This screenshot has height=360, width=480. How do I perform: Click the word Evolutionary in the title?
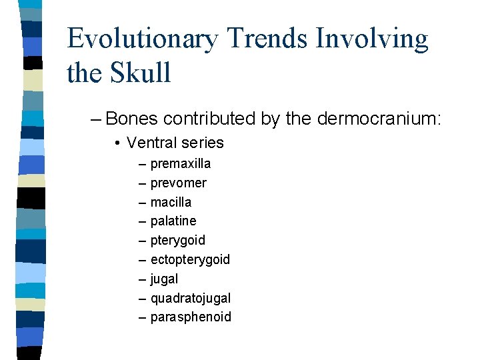pos(142,39)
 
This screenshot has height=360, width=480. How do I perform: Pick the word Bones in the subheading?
pos(131,119)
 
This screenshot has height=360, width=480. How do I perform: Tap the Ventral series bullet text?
pos(175,143)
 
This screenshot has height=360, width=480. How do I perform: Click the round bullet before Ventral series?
pos(117,143)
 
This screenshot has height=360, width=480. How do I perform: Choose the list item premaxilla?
pos(181,164)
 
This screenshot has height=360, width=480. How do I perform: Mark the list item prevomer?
pos(178,183)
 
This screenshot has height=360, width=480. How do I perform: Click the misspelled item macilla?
pos(171,202)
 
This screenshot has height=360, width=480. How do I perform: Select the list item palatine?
pos(173,221)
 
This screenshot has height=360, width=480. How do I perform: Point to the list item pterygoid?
pos(177,240)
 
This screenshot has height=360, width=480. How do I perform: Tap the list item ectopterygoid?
pos(190,259)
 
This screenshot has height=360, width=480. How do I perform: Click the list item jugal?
pos(164,279)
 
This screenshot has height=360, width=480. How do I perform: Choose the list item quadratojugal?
pos(191,298)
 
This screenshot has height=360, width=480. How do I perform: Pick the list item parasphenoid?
pos(191,317)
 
